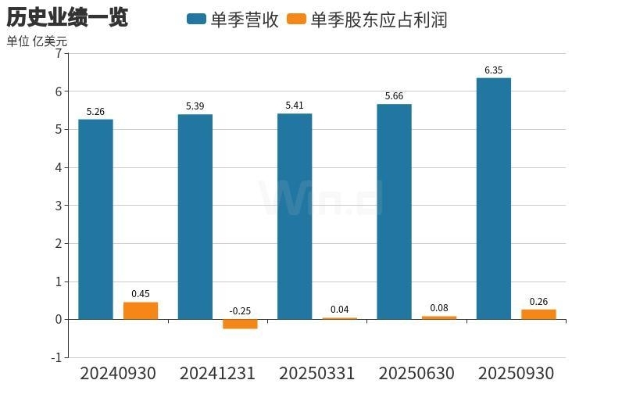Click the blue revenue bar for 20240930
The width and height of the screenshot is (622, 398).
(95, 219)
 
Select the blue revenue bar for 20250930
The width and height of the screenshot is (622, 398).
(493, 199)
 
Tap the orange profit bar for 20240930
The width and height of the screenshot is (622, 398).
(141, 310)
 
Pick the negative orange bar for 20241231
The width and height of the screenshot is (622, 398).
(240, 324)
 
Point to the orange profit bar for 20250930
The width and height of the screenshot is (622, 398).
(538, 314)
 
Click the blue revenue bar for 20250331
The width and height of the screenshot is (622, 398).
(295, 217)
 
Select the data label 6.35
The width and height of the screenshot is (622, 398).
(493, 70)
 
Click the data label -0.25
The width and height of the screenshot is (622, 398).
(240, 310)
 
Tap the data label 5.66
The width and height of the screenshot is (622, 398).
(394, 96)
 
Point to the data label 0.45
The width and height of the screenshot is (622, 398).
(141, 294)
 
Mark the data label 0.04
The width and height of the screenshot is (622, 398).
(339, 310)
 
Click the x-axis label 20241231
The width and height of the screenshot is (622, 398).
(217, 374)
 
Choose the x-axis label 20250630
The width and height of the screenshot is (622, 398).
(416, 374)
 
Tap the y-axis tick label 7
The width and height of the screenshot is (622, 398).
(58, 54)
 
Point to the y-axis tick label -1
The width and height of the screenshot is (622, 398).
(55, 357)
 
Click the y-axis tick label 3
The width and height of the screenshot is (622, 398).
(58, 206)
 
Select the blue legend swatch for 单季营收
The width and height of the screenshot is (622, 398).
(196, 20)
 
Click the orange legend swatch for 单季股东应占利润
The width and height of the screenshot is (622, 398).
(297, 20)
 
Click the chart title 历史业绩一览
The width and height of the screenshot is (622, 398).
(67, 17)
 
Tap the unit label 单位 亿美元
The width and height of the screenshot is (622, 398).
(37, 41)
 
